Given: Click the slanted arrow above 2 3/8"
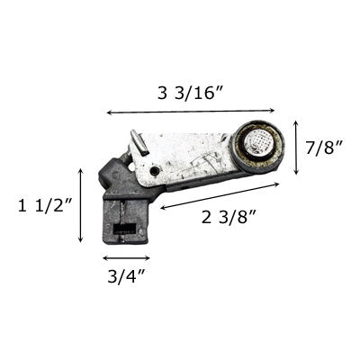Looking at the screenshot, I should (220, 196).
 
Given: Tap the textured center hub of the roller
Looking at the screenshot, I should (257, 145).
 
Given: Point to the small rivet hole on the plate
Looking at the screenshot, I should (156, 170).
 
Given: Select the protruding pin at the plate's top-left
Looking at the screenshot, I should (138, 142).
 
